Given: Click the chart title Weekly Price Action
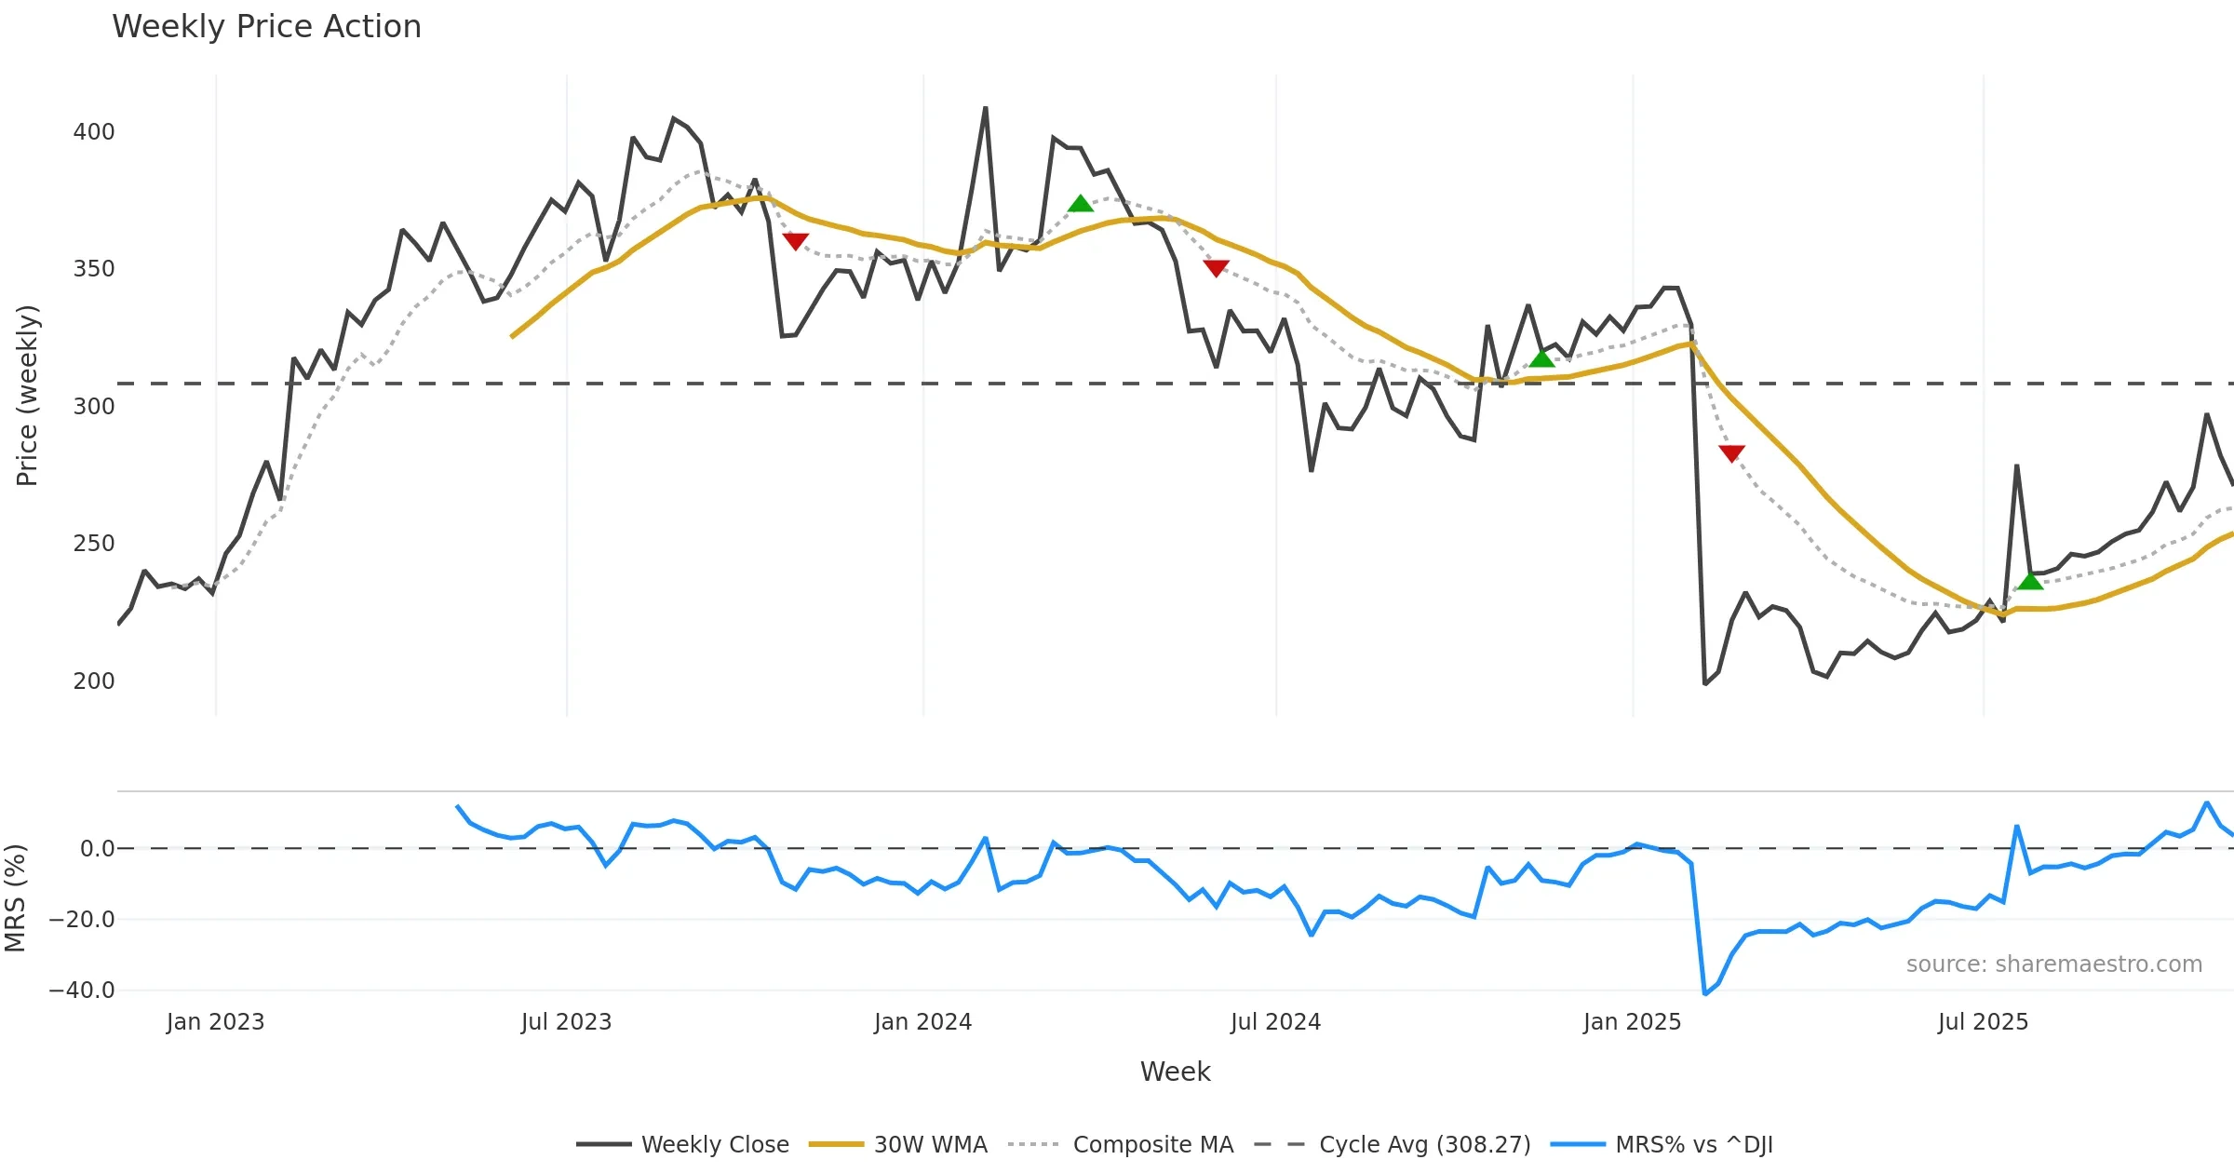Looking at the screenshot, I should point(266,27).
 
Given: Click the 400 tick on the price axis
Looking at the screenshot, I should point(94,132).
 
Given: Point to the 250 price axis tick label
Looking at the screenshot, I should point(94,544).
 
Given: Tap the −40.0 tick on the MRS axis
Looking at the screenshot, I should point(82,990).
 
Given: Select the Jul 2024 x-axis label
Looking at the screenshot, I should point(1275,1022).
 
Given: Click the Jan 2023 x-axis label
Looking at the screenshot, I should point(215,1022).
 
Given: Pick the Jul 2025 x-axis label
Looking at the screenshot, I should point(1983,1022).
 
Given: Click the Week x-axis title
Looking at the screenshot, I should point(1175,1072).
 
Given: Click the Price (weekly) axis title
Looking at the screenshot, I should point(27,396).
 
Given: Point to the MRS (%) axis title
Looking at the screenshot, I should point(15,898).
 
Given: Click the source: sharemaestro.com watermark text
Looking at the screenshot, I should point(2053,964).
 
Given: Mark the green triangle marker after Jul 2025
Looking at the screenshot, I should point(2030,582).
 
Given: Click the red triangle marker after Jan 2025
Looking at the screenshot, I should point(1731,453).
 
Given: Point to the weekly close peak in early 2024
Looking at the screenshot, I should point(985,108).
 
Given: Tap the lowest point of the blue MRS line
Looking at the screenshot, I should point(1704,994).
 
